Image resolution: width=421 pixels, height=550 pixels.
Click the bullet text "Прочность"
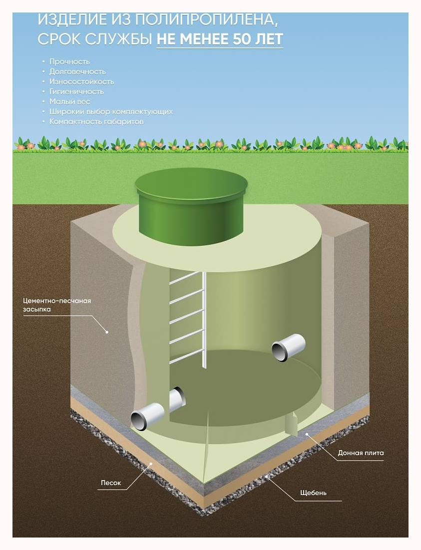coord(69,61)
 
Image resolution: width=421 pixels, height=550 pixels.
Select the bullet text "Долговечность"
coord(77,71)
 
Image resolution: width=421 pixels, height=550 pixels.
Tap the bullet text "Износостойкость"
coord(81,81)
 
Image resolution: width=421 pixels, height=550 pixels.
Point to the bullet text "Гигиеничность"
coord(76,91)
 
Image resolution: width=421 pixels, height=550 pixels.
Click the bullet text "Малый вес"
coord(69,101)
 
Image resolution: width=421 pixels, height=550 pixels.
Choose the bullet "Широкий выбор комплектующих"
coord(111,111)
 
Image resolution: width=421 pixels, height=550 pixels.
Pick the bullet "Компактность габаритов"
coord(96,121)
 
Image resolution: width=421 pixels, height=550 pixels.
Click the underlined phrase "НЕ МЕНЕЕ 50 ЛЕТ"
coord(220,39)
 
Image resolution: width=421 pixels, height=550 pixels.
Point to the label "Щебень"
coord(314,493)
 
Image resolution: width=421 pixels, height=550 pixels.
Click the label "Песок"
coord(111,483)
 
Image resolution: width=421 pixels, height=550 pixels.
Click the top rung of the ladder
coord(187,278)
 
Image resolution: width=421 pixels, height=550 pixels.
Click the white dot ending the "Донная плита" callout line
coord(307,434)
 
